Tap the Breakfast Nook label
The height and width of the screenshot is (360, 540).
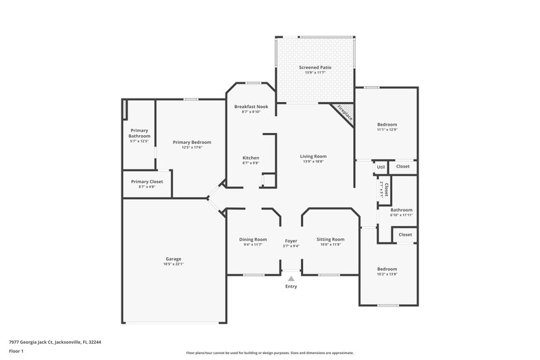tap(251, 107)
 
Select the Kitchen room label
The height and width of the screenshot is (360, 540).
tap(250, 158)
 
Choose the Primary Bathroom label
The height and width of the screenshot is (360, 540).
tap(139, 133)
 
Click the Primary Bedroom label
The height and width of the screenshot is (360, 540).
tap(192, 142)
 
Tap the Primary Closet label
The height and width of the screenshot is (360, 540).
tap(147, 182)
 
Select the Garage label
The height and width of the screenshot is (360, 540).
tap(173, 259)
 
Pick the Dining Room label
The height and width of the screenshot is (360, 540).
tap(253, 239)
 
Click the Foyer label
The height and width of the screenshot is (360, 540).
tap(291, 240)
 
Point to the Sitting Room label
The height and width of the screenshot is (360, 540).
tap(331, 239)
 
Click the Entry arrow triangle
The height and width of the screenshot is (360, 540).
tap(291, 278)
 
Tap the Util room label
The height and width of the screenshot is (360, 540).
tap(381, 167)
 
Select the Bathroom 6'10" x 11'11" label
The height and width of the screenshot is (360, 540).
tap(401, 210)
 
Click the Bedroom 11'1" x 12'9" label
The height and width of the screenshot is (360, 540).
tap(387, 124)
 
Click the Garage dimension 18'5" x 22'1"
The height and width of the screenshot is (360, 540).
tap(173, 263)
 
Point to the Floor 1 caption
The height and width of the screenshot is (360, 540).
tap(17, 351)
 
